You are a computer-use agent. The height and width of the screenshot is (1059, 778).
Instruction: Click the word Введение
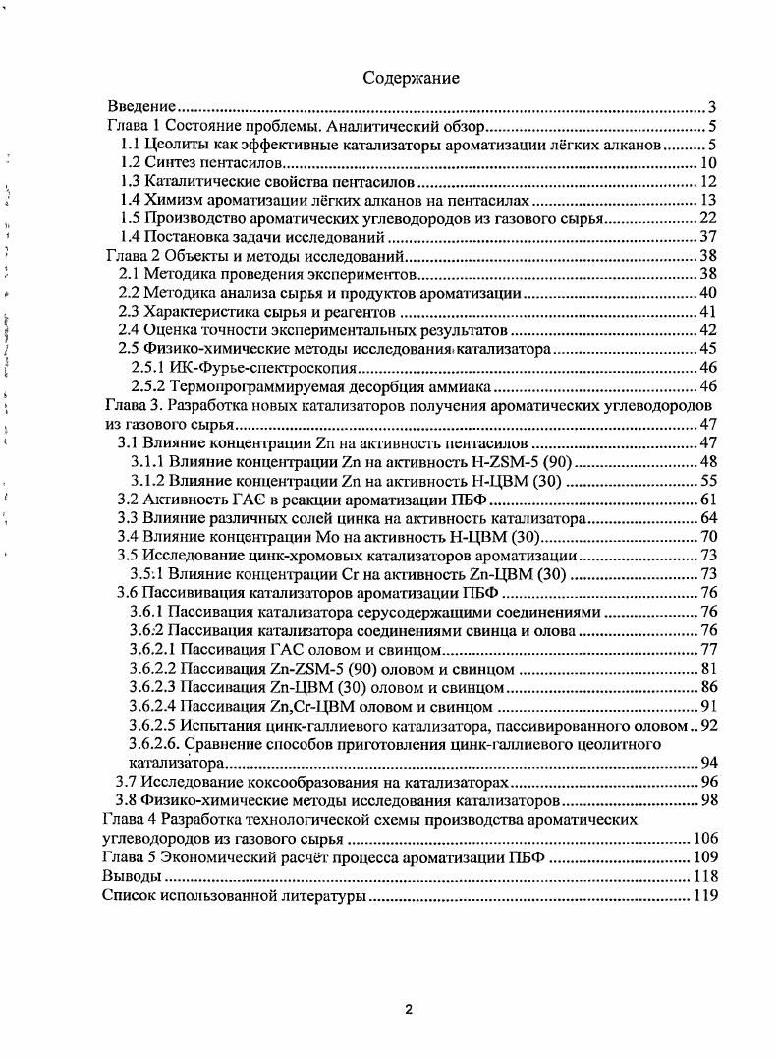(140, 107)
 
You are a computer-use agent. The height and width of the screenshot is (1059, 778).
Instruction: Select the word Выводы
(132, 876)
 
